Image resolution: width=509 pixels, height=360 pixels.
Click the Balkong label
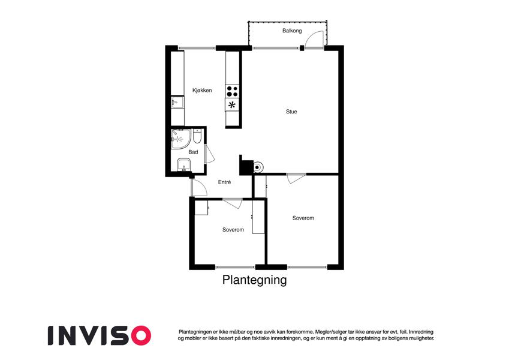292,31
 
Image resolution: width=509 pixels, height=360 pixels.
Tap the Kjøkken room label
202,91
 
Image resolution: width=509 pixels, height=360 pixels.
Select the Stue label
291,112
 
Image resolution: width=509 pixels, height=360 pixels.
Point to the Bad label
193,152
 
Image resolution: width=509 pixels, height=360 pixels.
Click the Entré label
224,182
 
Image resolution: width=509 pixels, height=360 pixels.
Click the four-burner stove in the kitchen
232,91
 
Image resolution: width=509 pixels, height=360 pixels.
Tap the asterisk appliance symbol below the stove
232,105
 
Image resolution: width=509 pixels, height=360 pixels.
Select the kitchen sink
177,102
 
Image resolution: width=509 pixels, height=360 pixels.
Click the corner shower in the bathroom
180,139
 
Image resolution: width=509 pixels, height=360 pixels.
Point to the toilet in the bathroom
197,137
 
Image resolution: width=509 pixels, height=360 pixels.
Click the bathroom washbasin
184,165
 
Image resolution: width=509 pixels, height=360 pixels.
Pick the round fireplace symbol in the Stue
258,167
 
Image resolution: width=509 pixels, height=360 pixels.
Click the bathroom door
209,154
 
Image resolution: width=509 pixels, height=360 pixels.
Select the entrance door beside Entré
199,187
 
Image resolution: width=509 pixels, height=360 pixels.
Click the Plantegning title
254,280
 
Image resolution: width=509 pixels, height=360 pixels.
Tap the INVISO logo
100,335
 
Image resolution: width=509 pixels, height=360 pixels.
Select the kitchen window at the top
197,49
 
